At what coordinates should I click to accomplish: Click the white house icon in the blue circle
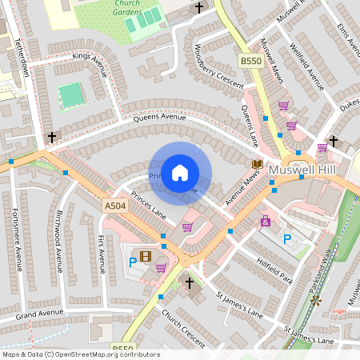click(180, 172)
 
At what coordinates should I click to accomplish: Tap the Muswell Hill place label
click(305, 170)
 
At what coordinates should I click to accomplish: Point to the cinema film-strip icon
click(145, 257)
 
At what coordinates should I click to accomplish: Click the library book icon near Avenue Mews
click(258, 165)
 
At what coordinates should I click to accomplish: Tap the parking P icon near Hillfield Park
click(287, 239)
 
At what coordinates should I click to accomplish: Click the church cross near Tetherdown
click(52, 138)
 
